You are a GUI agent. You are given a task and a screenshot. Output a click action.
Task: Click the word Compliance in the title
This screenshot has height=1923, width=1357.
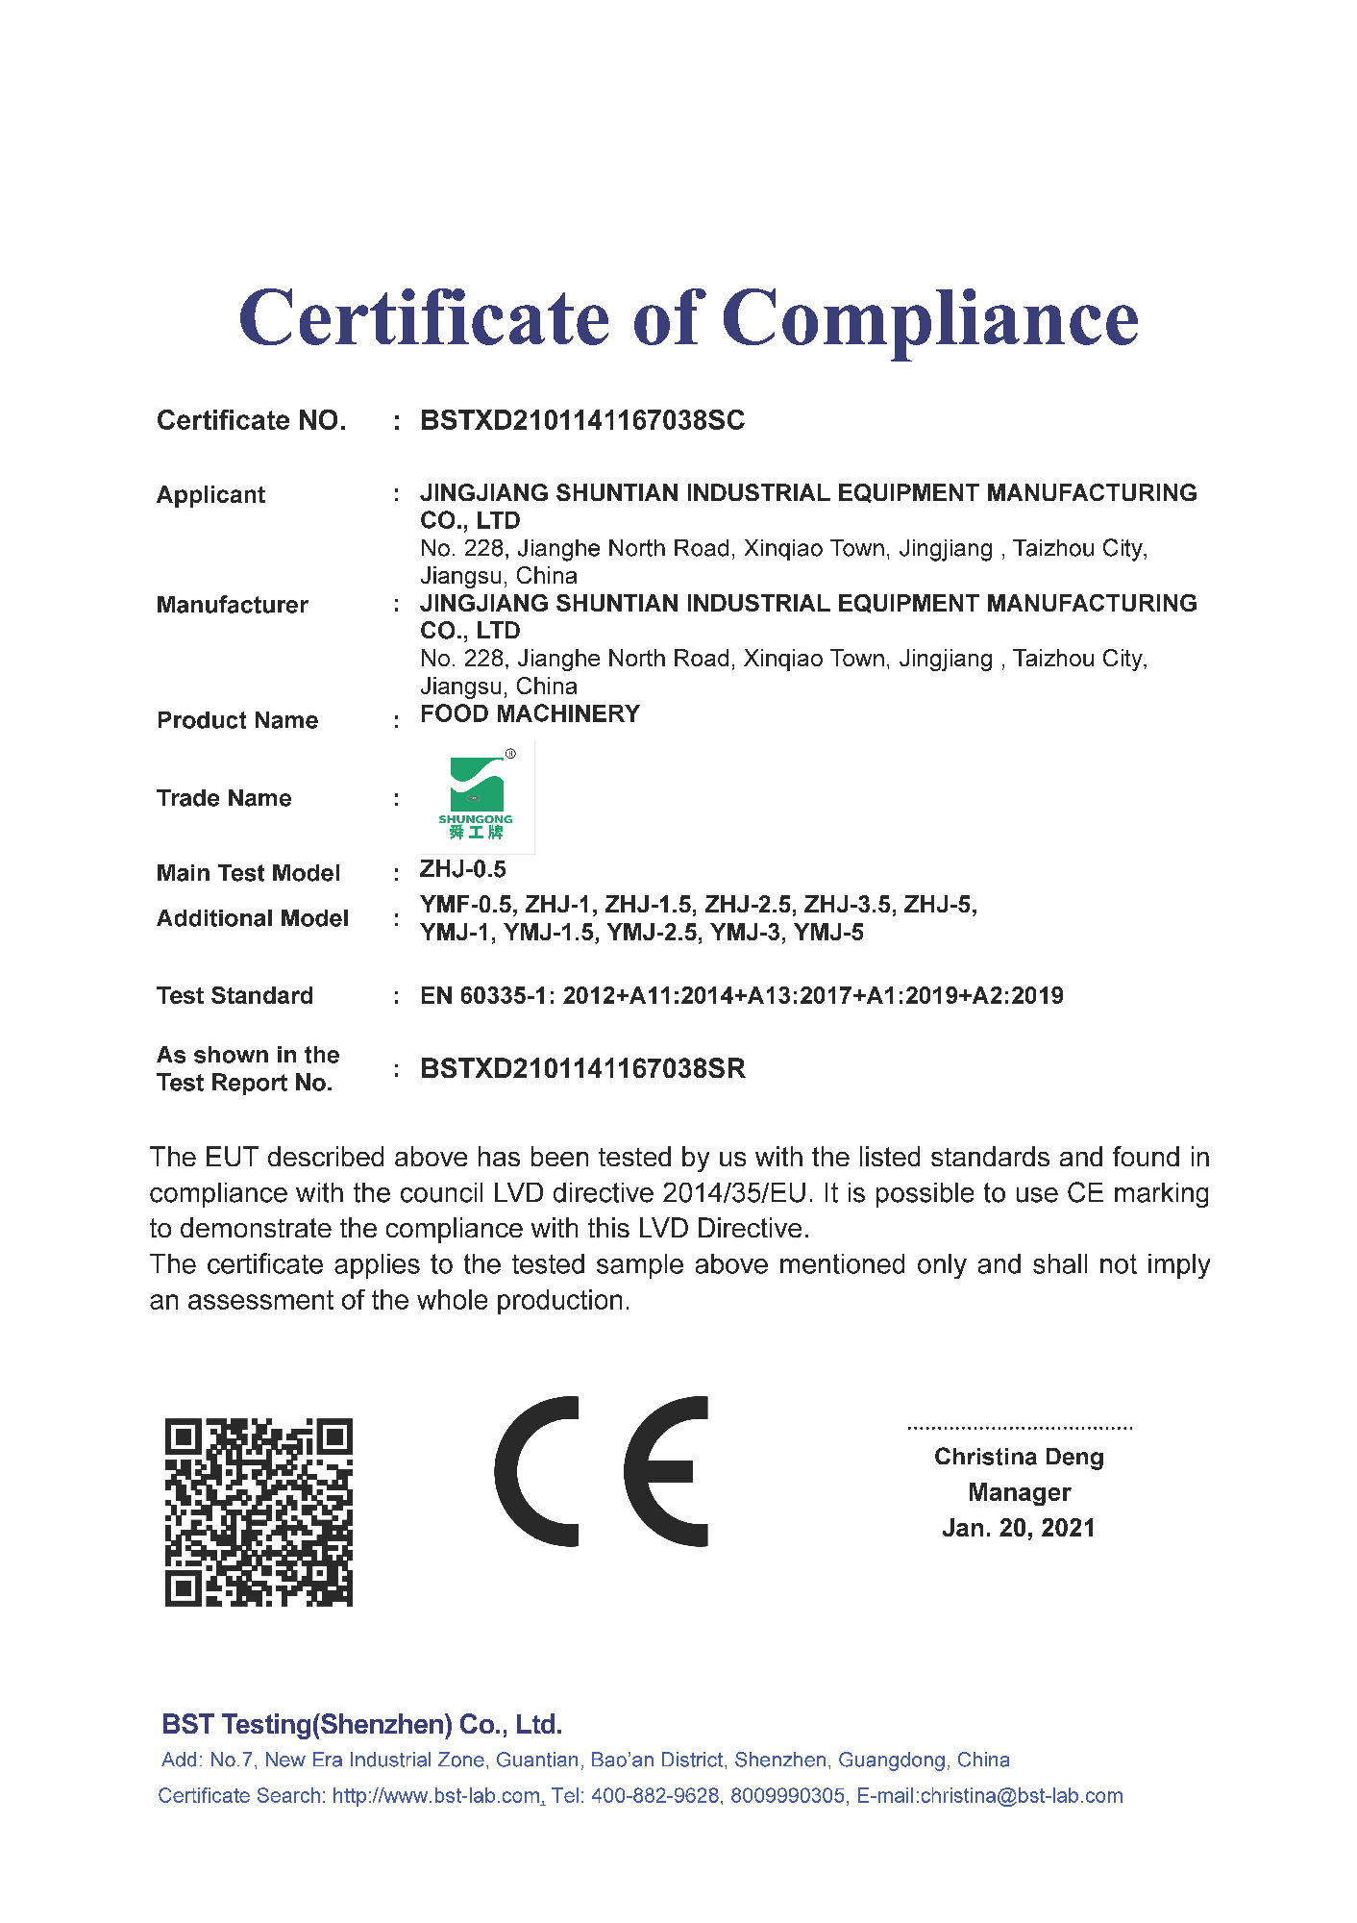pos(929,319)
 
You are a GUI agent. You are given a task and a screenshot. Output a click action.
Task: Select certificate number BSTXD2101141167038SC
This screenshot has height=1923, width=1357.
pos(581,421)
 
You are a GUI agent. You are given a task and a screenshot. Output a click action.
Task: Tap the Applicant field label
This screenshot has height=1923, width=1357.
pos(210,495)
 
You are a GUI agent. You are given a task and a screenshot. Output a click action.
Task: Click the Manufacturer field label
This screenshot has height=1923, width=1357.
pos(232,605)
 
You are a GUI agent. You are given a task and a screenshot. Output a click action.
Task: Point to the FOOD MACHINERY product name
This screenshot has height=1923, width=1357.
pos(530,714)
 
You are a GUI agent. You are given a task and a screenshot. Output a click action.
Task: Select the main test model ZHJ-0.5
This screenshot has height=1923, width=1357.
pos(462,870)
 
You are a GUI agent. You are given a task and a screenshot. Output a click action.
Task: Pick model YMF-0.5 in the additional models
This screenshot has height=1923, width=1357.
pos(465,905)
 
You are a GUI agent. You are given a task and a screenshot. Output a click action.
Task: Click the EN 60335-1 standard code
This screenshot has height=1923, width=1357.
pos(485,996)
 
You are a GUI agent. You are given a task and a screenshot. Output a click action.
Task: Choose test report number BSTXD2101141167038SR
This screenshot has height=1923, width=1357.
pos(582,1069)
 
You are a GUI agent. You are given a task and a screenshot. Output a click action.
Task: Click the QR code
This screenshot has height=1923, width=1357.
pos(259,1511)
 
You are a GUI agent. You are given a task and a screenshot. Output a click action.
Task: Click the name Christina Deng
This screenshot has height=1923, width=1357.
pos(1019,1458)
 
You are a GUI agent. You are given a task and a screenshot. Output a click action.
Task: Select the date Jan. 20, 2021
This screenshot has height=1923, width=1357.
pos(1019,1529)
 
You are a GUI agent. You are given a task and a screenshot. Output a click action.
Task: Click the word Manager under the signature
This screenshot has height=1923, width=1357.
pos(1019,1493)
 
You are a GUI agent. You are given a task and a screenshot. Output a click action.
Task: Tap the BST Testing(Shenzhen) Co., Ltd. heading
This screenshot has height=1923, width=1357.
pos(361,1725)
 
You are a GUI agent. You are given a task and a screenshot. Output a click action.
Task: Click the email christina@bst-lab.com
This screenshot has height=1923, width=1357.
pos(1022,1796)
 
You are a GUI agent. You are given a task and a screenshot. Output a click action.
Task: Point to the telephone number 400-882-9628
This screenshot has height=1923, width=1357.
pos(654,1796)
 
